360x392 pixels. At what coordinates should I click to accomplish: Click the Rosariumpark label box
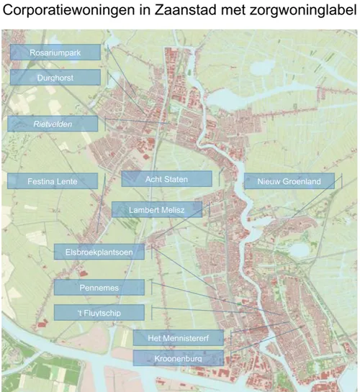[55, 53]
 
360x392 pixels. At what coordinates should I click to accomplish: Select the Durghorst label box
[55, 77]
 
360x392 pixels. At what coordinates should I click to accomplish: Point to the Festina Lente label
[52, 181]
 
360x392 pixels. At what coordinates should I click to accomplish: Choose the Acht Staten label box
[166, 178]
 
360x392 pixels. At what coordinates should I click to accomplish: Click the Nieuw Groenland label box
[289, 181]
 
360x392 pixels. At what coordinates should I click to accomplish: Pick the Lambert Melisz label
[156, 210]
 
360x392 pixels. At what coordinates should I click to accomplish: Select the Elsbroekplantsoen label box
[99, 252]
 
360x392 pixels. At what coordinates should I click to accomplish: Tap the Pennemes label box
[99, 288]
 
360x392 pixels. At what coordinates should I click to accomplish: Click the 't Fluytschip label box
[99, 312]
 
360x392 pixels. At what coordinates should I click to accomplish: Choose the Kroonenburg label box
[178, 357]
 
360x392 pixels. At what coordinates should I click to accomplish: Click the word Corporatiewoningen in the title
[66, 12]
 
